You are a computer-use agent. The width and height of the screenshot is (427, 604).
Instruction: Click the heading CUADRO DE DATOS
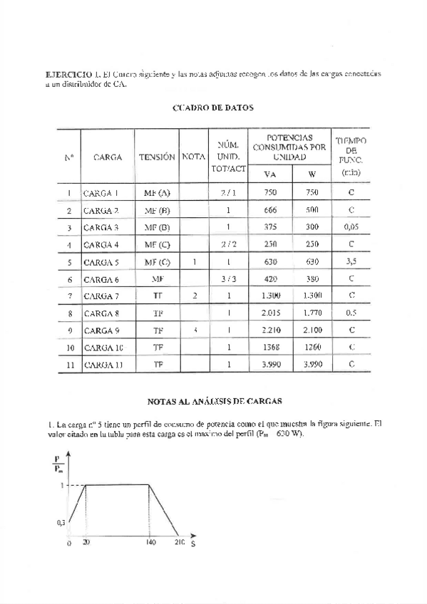click(x=213, y=108)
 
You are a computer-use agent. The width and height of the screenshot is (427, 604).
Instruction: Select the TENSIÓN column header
click(x=157, y=156)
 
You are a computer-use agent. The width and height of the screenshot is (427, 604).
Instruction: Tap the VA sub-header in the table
click(x=269, y=175)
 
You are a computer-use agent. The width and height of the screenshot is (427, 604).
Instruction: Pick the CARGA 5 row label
click(x=101, y=261)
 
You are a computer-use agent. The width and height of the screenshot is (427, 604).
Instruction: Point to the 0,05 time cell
click(x=351, y=227)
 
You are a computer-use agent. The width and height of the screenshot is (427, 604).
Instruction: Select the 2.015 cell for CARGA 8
click(x=270, y=313)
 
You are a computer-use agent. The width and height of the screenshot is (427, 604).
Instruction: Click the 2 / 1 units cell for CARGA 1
click(x=228, y=193)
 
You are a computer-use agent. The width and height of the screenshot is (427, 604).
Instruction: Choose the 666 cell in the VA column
click(x=269, y=210)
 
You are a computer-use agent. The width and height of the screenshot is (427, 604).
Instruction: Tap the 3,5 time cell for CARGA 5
click(x=351, y=261)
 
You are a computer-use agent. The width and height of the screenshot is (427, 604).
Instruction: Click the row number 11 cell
click(x=68, y=364)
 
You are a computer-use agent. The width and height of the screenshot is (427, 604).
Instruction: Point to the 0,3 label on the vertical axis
click(x=61, y=522)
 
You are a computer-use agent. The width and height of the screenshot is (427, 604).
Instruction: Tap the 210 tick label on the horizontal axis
click(x=178, y=542)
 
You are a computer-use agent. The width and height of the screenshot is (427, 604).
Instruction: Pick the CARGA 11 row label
click(x=103, y=364)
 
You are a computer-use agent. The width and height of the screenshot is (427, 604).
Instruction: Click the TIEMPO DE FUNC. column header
click(x=351, y=156)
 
